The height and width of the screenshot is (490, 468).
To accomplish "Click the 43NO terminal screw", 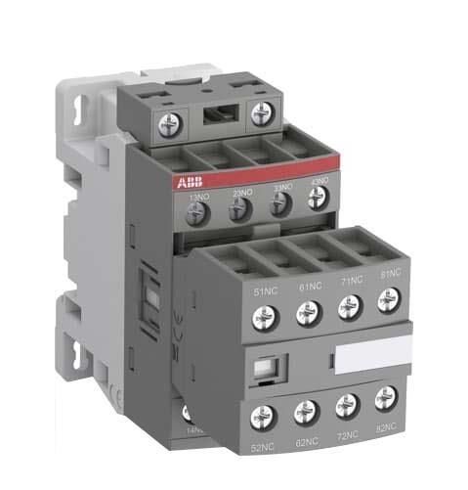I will [x=316, y=200].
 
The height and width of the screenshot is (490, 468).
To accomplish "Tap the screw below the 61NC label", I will [x=303, y=314].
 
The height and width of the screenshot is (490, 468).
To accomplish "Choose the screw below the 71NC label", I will [x=345, y=310].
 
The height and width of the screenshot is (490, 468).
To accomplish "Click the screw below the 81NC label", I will [x=385, y=306].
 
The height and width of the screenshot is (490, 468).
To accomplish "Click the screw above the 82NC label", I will [x=386, y=396].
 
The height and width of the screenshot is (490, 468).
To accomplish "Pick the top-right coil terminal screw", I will [x=260, y=114].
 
